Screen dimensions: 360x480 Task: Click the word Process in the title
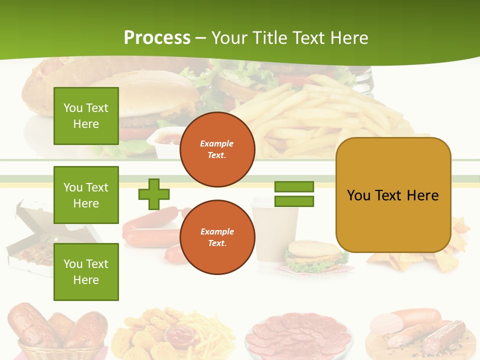pos(157,38)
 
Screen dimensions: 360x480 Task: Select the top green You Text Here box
pos(86,116)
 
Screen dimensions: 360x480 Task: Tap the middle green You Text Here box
pos(86,195)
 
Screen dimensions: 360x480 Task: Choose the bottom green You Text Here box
pos(86,272)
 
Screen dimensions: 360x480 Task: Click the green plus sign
pos(154,194)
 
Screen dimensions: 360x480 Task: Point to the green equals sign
pos(294,194)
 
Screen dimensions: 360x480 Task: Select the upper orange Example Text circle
pos(217,149)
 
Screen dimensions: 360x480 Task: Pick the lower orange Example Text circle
pos(217,237)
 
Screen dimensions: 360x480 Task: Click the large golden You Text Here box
pos(393,195)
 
